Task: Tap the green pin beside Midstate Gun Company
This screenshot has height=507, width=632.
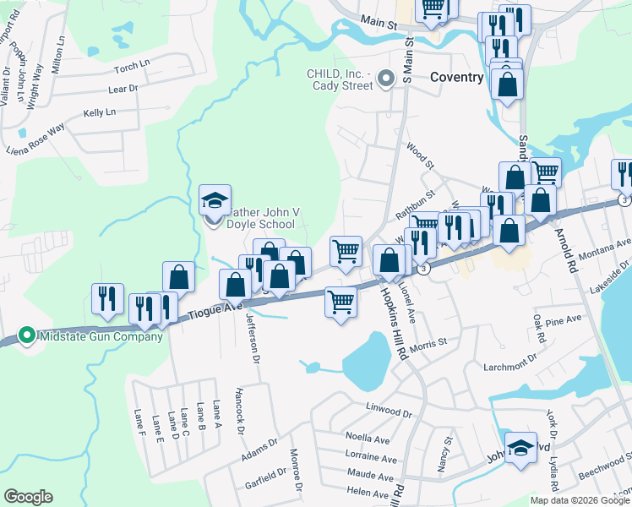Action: (x=27, y=336)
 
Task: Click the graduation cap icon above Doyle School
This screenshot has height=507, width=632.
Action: (x=214, y=201)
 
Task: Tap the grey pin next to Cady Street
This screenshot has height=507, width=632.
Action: (x=386, y=79)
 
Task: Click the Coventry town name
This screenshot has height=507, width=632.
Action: (x=456, y=77)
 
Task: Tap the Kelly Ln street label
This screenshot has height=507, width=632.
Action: (x=99, y=112)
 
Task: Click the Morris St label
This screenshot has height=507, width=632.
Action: (x=428, y=344)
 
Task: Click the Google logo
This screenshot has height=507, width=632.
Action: (x=28, y=497)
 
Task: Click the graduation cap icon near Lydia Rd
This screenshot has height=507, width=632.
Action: (x=520, y=448)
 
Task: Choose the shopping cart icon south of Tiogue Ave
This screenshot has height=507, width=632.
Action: (x=341, y=302)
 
